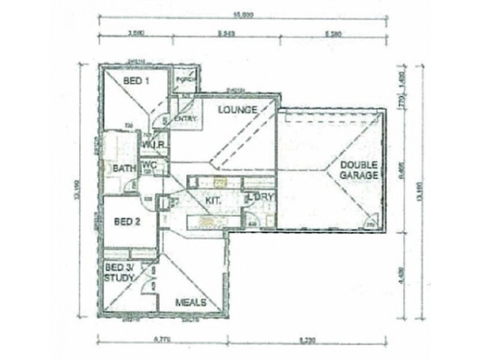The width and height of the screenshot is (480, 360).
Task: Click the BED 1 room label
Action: click(x=136, y=81)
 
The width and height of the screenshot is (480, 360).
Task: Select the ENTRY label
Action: click(x=185, y=119)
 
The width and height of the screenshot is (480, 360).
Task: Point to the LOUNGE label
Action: click(x=238, y=110)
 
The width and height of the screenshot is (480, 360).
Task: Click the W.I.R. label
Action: click(x=151, y=145)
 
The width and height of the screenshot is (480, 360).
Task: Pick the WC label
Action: click(x=149, y=163)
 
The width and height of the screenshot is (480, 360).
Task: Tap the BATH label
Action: click(x=124, y=169)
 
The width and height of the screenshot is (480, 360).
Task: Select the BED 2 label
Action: click(x=127, y=221)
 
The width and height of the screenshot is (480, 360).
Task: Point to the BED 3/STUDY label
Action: click(x=118, y=272)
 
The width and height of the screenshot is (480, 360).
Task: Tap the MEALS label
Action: click(x=192, y=301)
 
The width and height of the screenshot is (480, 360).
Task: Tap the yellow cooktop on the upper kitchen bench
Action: click(x=220, y=181)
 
